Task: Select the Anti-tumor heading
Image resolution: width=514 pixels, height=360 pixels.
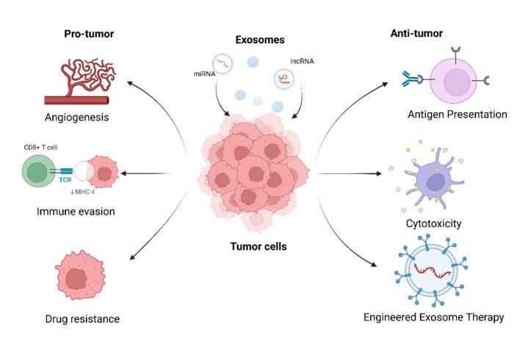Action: point(416,33)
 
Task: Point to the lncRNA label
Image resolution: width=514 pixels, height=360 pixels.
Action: point(302,62)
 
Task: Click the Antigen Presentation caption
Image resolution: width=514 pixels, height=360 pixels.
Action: point(457,115)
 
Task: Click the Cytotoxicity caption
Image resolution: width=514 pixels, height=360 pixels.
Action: point(433,223)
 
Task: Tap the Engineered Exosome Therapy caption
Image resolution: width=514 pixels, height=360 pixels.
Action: point(433,317)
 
